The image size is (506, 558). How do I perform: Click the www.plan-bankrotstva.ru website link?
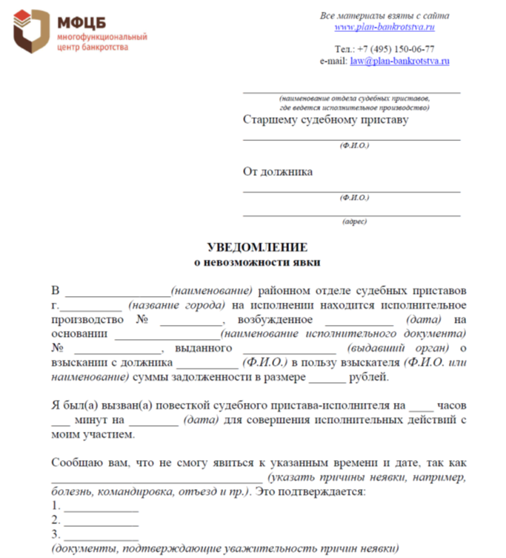384,27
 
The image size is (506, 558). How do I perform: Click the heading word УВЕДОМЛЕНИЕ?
256,247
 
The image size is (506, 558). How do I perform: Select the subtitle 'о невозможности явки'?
256,261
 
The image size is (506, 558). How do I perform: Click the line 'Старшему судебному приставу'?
325,119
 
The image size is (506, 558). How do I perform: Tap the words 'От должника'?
277,171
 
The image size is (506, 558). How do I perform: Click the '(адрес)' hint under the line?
353,221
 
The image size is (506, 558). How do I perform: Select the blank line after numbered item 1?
101,510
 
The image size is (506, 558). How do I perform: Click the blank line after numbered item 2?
101,523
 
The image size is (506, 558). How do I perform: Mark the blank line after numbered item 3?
101,536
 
